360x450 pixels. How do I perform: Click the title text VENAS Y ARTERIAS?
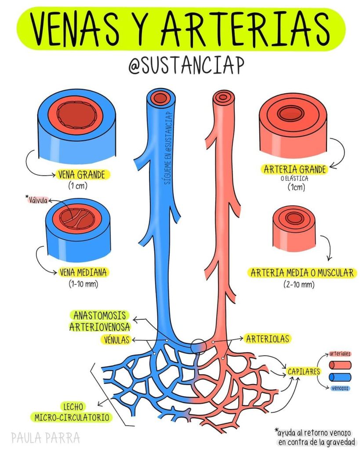(180, 27)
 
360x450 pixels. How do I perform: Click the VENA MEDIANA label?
(83, 272)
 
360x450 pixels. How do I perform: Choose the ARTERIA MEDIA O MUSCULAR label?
(302, 273)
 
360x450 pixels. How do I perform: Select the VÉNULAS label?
(116, 340)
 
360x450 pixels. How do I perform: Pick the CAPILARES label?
(303, 371)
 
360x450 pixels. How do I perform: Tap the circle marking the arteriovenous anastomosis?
(198, 346)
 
